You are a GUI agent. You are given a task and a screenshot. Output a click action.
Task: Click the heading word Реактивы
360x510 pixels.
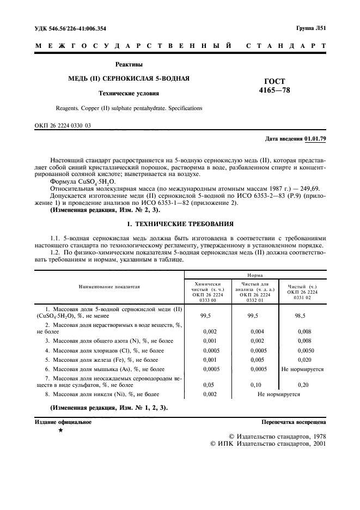coord(129,64)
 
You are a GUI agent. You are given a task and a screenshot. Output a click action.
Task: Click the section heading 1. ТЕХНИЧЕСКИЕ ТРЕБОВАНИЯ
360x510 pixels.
coord(180,223)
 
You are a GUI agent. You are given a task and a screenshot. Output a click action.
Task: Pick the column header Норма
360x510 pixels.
coord(255,276)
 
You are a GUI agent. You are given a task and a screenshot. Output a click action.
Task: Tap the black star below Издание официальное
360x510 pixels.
coord(60,431)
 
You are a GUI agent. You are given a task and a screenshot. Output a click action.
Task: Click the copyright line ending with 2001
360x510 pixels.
coord(267,444)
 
